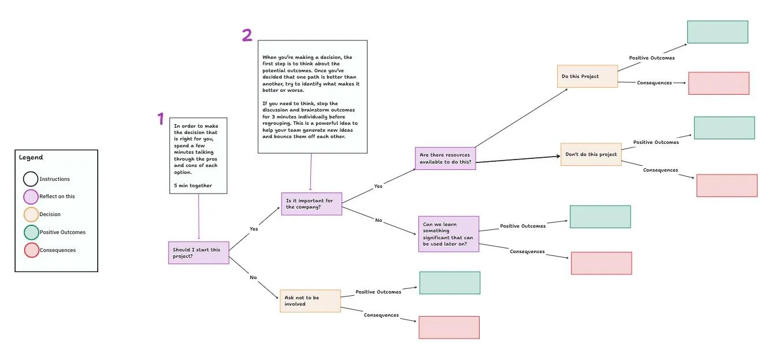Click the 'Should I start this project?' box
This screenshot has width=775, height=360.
click(199, 253)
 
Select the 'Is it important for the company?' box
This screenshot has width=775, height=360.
click(312, 203)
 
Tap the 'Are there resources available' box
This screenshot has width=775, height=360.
click(445, 158)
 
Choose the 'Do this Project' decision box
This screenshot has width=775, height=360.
click(588, 76)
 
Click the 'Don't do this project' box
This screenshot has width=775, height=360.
click(591, 154)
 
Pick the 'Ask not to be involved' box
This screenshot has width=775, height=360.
click(310, 301)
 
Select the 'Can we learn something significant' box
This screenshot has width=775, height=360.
click(448, 234)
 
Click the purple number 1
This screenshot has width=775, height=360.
click(161, 118)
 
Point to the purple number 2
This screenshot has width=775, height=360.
click(247, 35)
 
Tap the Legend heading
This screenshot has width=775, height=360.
click(31, 157)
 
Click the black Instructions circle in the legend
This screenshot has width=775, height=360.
click(31, 179)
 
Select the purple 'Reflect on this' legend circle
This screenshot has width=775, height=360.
click(31, 197)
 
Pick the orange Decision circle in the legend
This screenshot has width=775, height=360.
click(31, 214)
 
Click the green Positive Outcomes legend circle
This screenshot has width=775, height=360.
click(31, 232)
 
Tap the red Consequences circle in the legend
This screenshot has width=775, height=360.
click(31, 250)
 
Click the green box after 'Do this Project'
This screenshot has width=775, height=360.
click(718, 32)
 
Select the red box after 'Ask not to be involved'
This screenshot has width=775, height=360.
click(449, 327)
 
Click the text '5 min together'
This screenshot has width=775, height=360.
click(192, 185)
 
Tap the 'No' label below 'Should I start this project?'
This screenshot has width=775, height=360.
click(253, 277)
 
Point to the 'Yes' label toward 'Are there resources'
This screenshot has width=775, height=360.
click(378, 186)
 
